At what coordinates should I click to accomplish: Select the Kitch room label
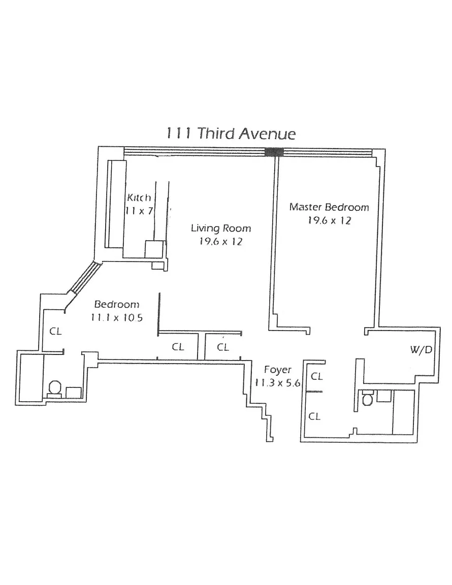point(139,198)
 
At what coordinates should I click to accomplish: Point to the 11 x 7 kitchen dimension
point(139,211)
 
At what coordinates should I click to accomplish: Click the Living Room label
point(221,228)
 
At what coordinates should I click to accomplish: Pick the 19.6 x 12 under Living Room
point(220,241)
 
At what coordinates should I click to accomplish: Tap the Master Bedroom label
point(329,207)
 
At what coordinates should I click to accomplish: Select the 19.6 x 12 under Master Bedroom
point(329,220)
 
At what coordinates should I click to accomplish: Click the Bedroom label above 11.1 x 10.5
point(116,304)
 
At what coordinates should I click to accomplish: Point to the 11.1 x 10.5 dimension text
point(116,317)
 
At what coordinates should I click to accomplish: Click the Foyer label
point(277,370)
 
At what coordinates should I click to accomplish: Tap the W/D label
point(421,349)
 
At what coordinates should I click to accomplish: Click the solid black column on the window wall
point(274,152)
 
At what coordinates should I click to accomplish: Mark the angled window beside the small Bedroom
point(86,278)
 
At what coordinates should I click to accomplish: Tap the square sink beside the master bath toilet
point(384,396)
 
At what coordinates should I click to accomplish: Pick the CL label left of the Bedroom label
point(56,331)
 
